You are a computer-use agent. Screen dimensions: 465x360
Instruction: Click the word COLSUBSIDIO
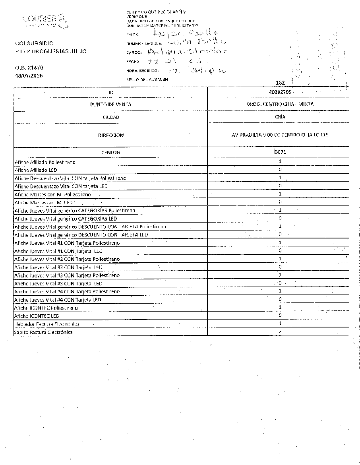click(x=35, y=43)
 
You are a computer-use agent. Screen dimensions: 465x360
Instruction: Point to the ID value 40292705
click(x=280, y=92)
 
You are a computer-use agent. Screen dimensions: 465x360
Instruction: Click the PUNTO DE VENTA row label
click(x=111, y=104)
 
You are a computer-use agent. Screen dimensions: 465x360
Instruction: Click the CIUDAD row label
click(x=111, y=117)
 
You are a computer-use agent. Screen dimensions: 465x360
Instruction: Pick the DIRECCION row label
click(x=111, y=135)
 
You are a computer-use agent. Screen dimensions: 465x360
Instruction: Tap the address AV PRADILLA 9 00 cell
click(x=280, y=135)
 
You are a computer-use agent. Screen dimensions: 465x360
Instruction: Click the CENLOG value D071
click(x=280, y=152)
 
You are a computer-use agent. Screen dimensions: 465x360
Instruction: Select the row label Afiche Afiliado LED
click(x=36, y=170)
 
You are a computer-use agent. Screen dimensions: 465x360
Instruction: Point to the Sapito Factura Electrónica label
click(x=43, y=332)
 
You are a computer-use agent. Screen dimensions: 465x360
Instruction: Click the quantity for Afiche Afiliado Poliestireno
click(x=280, y=161)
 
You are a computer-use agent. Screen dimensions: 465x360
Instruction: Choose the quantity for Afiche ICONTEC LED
click(x=280, y=316)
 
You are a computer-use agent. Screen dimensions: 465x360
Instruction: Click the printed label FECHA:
click(x=133, y=62)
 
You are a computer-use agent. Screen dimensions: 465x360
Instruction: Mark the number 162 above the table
click(x=280, y=83)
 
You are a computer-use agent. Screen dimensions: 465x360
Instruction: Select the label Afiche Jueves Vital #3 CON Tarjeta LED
click(x=58, y=283)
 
